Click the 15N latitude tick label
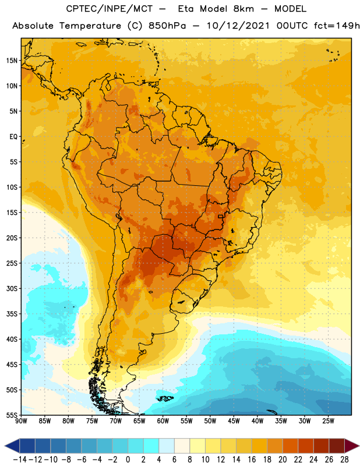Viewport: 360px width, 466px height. point(12,61)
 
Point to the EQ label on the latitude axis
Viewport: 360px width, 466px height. point(13,137)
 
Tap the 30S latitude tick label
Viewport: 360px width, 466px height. point(12,288)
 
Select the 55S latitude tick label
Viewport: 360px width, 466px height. point(12,415)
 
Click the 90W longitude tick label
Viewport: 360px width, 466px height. point(21,421)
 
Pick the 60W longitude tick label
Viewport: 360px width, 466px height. point(163,421)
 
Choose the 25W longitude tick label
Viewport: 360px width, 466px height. point(328,421)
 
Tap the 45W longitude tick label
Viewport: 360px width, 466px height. point(234,421)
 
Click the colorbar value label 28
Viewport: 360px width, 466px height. point(344,460)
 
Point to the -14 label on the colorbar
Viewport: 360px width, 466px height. point(20,460)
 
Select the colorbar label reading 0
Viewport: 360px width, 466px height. point(128,460)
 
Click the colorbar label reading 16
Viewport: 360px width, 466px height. point(252,460)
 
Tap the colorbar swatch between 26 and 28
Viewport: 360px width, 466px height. point(337,446)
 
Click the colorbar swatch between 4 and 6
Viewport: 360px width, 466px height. point(167,446)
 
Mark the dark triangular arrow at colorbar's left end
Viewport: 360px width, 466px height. point(12,446)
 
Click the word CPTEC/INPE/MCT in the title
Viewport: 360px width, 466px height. point(109,9)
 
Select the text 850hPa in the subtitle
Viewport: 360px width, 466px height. point(167,26)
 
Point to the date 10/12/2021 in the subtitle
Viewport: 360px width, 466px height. point(238,26)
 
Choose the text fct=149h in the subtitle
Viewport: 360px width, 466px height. point(337,26)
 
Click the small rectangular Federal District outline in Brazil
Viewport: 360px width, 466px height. point(221,216)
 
